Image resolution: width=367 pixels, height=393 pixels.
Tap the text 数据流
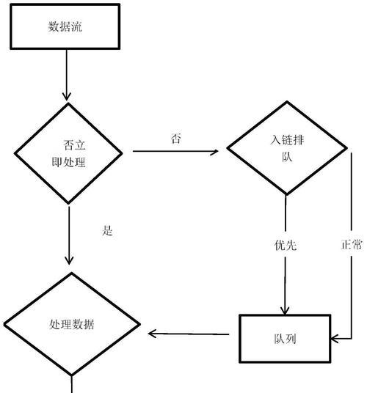65,26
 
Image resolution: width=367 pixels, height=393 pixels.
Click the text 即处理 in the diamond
68,162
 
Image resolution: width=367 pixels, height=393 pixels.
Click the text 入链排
287,139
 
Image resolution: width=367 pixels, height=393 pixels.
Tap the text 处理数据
72,324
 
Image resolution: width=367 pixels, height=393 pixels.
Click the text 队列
285,339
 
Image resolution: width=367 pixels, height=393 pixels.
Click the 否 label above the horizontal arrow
176,139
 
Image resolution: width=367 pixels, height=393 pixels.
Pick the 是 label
107,230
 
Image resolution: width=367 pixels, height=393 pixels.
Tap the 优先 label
286,245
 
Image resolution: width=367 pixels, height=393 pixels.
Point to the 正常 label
352,244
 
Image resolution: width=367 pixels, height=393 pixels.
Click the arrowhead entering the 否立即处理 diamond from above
67,97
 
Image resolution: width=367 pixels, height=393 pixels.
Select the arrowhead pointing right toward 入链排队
214,152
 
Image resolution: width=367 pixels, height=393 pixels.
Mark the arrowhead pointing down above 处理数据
69,260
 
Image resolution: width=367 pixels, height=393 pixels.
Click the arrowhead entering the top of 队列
285,310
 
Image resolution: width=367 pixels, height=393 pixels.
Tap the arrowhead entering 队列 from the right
335,339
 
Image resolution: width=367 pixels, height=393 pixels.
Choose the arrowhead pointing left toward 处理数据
153,334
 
